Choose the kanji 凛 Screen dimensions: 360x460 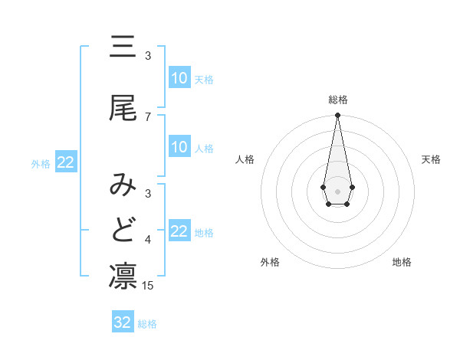(123, 276)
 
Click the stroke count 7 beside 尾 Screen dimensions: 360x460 (148, 116)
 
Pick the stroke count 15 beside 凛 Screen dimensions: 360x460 (149, 286)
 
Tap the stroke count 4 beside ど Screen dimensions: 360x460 (148, 240)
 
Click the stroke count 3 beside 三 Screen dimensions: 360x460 (148, 56)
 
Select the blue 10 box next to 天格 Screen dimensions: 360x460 (179, 78)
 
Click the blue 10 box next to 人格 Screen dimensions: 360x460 (179, 147)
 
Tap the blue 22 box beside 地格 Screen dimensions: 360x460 (179, 231)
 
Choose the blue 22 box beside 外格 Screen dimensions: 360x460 (66, 162)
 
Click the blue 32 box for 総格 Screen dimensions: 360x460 (123, 322)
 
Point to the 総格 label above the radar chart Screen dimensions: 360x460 (337, 100)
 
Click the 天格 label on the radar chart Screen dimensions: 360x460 (432, 159)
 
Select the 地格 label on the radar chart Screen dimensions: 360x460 (402, 262)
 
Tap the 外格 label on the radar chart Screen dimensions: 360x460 (270, 262)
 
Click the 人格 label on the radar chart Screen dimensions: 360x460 (245, 159)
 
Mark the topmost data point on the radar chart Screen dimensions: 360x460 (337, 116)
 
